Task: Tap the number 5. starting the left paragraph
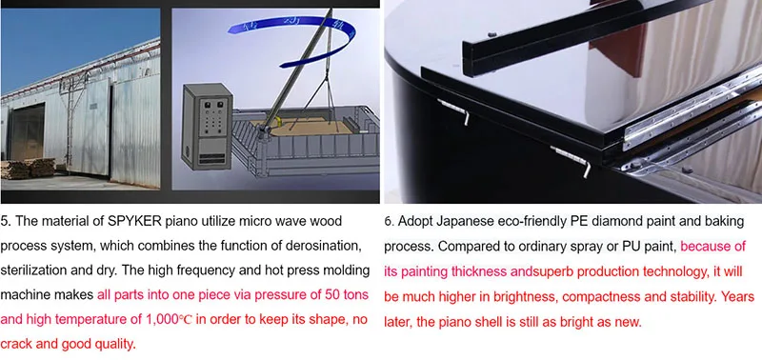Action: click(x=6, y=222)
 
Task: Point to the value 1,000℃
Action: click(x=170, y=320)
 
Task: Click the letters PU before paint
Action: click(x=631, y=247)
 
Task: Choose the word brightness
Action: click(x=525, y=296)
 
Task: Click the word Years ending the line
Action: click(x=737, y=296)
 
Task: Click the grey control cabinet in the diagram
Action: click(x=207, y=127)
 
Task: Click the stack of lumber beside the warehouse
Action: click(x=28, y=169)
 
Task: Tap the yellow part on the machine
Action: click(x=278, y=121)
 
